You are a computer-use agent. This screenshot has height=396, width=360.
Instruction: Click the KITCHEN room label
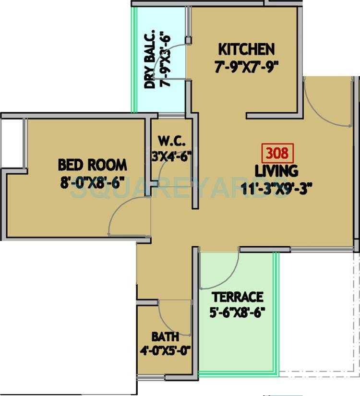click(246, 49)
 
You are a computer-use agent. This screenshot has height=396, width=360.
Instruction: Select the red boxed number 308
click(277, 154)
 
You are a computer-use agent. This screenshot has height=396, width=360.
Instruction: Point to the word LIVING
click(276, 170)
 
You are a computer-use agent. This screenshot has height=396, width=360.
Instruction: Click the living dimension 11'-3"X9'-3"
click(277, 188)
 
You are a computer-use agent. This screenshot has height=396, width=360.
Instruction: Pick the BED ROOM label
click(92, 165)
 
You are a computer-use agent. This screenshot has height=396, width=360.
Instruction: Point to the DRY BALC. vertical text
click(150, 61)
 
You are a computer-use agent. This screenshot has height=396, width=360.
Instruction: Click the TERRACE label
click(238, 297)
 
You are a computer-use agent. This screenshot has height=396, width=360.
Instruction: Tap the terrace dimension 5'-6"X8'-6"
click(238, 313)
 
